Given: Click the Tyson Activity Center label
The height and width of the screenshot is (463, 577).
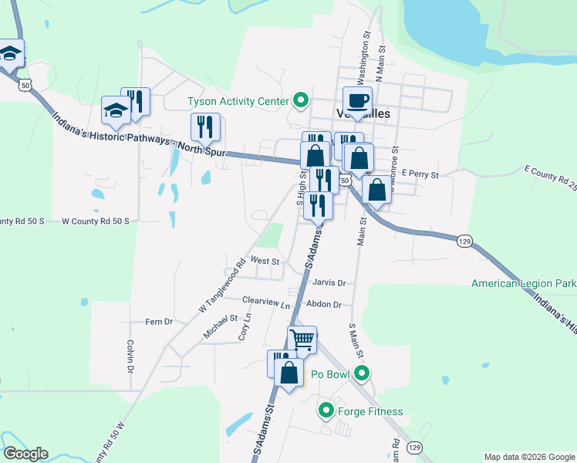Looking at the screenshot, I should (x=237, y=101).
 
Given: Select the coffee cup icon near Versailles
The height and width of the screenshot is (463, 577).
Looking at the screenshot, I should (x=357, y=100).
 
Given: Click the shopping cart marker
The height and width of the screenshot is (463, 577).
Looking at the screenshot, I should (x=302, y=339).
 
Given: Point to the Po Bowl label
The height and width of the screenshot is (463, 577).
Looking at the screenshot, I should (x=332, y=375).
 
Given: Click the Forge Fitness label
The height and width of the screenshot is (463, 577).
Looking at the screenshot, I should (x=370, y=411).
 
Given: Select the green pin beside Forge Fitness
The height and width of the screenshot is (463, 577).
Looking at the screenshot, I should (x=326, y=411).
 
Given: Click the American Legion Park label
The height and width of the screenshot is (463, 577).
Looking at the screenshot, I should (x=524, y=284).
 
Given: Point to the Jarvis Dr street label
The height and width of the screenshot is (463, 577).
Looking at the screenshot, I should (x=330, y=283).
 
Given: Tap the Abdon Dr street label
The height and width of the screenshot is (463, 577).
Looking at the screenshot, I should (x=323, y=305).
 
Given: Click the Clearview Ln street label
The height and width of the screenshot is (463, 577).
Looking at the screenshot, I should (x=265, y=301).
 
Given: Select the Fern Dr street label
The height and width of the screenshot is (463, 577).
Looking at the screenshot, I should (x=158, y=321).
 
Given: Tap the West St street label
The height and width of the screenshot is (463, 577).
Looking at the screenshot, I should (x=264, y=262).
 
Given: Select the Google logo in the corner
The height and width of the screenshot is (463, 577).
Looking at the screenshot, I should (x=25, y=454).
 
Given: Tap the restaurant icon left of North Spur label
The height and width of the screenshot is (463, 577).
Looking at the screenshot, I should (x=205, y=127).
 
